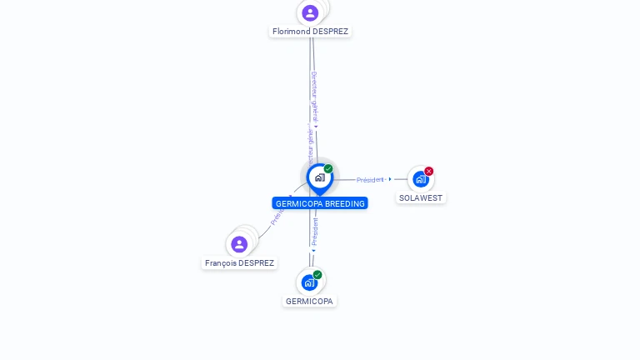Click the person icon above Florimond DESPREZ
tap(310, 12)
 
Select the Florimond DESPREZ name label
tap(310, 32)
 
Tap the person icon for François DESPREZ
tap(239, 244)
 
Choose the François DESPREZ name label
tap(239, 263)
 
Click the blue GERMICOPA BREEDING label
tap(320, 203)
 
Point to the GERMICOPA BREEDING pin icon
tap(319, 177)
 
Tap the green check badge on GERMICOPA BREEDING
tap(328, 169)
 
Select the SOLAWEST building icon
tap(420, 179)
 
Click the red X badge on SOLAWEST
tap(429, 171)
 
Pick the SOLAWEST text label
tap(421, 198)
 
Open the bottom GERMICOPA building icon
tap(309, 282)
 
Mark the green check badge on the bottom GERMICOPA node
tap(317, 274)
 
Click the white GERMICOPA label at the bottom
tap(309, 302)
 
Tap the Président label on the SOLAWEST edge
tap(370, 180)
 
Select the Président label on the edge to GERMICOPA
tap(315, 231)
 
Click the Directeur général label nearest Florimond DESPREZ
tap(314, 96)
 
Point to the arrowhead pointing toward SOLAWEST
tap(390, 179)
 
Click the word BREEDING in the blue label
tap(345, 203)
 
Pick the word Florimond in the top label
tap(291, 32)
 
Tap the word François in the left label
tap(221, 263)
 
